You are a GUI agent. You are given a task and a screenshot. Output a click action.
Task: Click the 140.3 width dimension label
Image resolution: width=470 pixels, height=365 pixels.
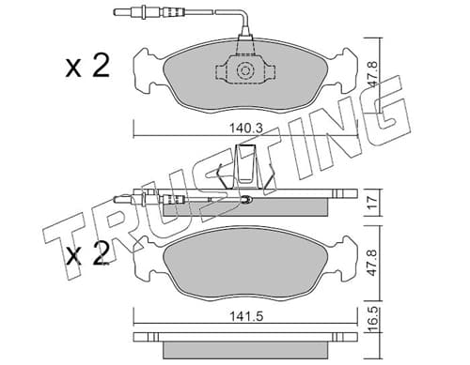tap(245, 129)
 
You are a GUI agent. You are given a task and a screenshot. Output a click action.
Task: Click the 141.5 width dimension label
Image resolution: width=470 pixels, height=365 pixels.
tap(246, 316)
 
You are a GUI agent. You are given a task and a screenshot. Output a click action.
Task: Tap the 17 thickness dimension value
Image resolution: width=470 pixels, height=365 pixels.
tap(371, 203)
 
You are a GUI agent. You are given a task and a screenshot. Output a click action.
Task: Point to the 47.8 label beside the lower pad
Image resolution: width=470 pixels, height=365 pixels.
tap(372, 262)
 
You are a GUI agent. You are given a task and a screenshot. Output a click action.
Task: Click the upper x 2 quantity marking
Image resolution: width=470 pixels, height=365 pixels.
tap(87, 66)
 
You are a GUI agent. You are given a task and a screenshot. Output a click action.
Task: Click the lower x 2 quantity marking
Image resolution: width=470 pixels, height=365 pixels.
tap(87, 253)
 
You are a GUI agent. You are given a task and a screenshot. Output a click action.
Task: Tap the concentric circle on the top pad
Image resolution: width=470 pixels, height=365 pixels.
tap(244, 70)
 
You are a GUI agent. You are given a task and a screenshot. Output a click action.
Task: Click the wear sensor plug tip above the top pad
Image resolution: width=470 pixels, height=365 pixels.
tap(118, 13)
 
